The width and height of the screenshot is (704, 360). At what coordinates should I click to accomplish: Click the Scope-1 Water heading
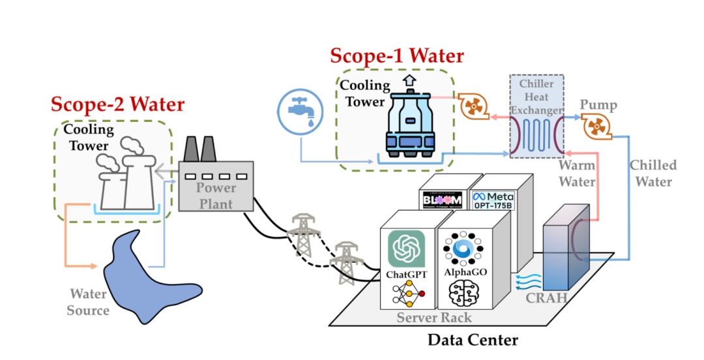coord(397,56)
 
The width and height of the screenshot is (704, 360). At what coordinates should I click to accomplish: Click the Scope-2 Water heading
coord(117,104)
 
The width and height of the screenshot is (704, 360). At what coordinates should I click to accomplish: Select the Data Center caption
coord(473,340)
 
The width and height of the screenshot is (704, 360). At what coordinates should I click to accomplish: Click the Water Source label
coord(88,302)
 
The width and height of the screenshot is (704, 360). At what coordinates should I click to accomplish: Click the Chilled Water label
coord(653,173)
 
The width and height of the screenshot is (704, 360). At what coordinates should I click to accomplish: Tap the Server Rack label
coord(434,318)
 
